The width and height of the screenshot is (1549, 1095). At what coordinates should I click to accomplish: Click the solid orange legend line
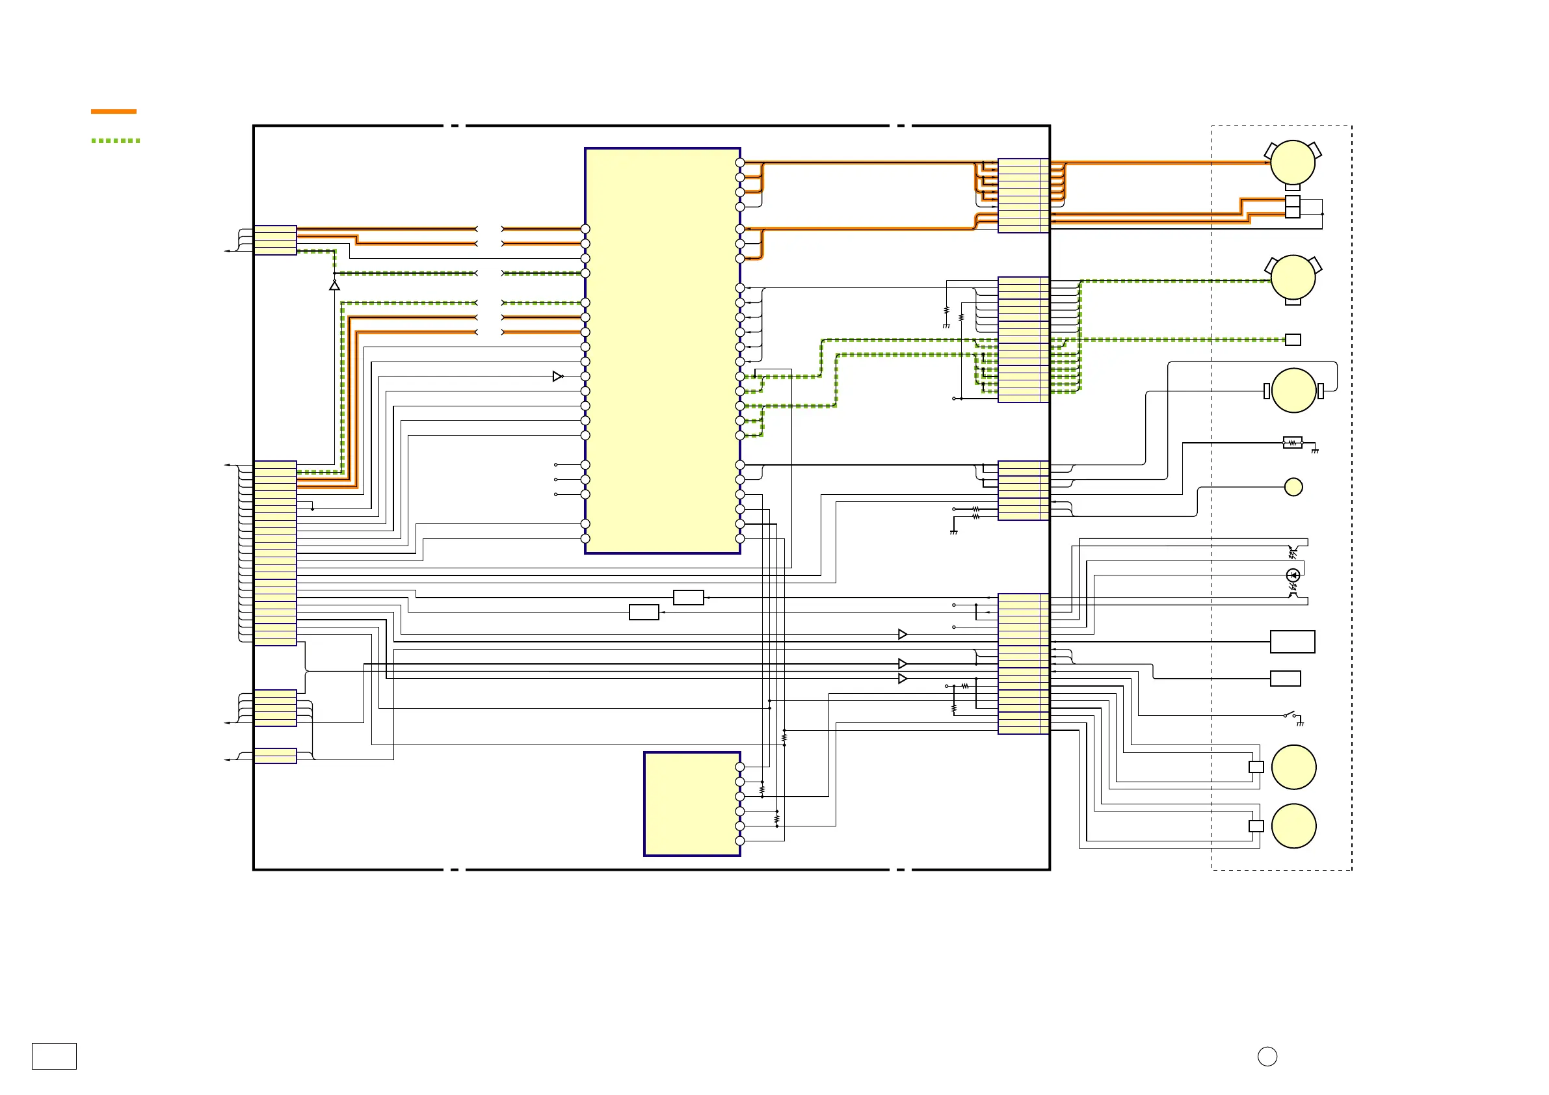[113, 111]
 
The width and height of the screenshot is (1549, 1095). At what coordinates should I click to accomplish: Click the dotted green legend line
[115, 140]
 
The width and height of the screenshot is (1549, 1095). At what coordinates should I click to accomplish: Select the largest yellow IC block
[662, 350]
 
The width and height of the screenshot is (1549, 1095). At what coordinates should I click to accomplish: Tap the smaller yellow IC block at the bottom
[691, 804]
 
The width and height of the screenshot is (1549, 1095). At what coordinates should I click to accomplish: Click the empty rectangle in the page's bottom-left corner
[54, 1056]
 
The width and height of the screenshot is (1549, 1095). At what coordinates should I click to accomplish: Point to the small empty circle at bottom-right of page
[1267, 1057]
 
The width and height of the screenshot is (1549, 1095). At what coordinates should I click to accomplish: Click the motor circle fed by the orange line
[1292, 163]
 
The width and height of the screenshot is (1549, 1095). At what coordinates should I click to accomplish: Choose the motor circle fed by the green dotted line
[1293, 277]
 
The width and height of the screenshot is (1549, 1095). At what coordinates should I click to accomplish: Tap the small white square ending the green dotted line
[1293, 339]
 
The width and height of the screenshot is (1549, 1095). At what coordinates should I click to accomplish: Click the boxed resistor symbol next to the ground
[1292, 443]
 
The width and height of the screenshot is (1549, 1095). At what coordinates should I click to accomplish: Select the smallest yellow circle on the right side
[1293, 486]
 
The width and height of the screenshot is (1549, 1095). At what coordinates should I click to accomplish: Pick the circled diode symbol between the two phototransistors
[1293, 575]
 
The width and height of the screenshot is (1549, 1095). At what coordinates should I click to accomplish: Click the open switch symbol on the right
[1290, 715]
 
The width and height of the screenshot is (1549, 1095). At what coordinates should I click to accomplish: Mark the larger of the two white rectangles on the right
[1292, 642]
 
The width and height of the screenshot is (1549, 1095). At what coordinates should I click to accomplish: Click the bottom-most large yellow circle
[1293, 826]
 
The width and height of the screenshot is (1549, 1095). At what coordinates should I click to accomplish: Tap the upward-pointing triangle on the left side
[334, 286]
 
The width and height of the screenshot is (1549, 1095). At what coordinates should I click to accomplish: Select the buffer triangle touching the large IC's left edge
[557, 376]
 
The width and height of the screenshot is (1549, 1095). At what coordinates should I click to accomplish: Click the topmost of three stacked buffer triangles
[902, 634]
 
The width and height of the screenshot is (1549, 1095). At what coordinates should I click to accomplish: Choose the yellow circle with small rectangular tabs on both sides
[1293, 391]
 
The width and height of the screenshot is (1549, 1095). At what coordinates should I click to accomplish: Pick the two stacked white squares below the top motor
[1292, 207]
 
